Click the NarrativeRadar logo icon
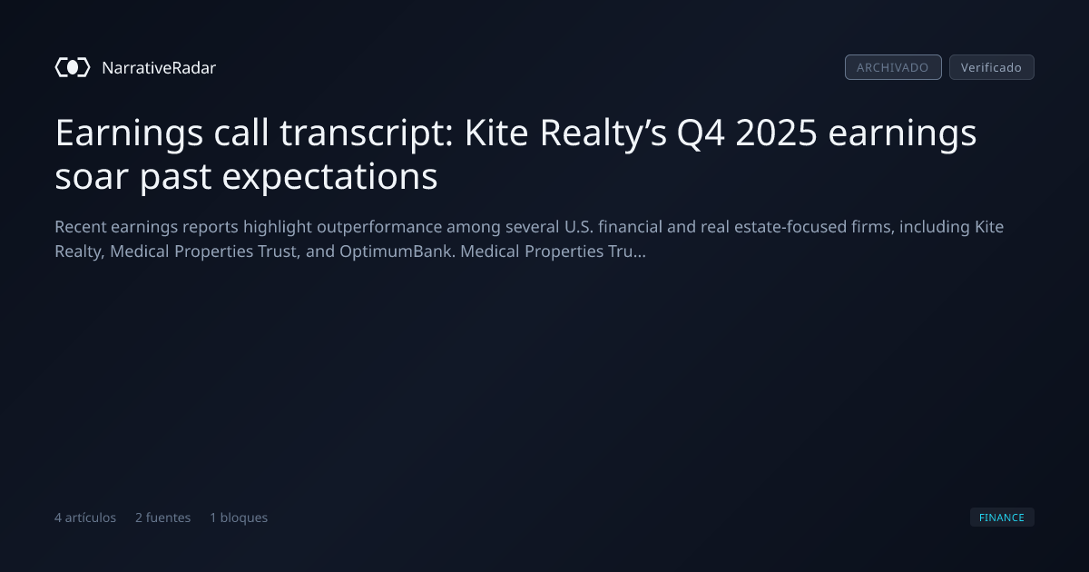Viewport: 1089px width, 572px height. pos(73,67)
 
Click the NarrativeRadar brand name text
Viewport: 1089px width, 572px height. pos(159,68)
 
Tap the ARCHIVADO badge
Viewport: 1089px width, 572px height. pos(893,67)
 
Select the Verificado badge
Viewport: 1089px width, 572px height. pos(992,67)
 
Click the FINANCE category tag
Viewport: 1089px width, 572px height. pos(1002,517)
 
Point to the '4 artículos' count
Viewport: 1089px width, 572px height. pos(85,518)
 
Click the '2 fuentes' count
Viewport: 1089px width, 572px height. pos(162,518)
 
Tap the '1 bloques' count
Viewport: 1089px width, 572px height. pos(239,518)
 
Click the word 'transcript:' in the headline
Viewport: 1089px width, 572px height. pos(367,133)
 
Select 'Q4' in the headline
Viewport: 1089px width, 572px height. pos(701,133)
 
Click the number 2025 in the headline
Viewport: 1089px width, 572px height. pos(776,133)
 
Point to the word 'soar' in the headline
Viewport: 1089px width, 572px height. pos(92,177)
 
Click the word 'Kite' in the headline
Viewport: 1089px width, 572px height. pos(496,133)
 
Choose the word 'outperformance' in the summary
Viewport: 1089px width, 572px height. pos(379,227)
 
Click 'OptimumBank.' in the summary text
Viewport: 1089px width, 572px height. pos(397,251)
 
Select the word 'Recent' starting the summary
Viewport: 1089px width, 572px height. pos(80,227)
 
